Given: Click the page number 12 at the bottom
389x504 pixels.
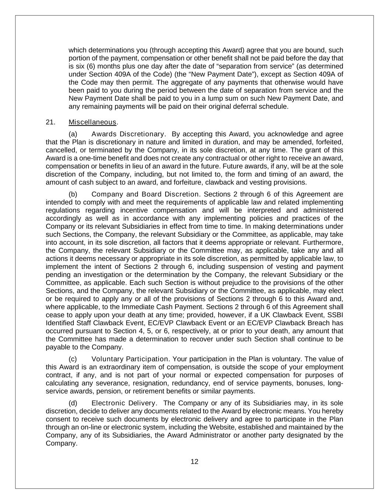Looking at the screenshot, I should click(x=194, y=462).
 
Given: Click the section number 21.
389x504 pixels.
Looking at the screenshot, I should click(x=51, y=122).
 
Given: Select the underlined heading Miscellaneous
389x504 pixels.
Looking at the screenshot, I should click(x=93, y=122).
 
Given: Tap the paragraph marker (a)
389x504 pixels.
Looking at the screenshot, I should click(x=73, y=134).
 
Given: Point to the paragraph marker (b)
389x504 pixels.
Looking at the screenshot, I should click(x=73, y=194).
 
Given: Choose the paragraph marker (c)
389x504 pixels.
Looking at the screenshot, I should click(x=73, y=359).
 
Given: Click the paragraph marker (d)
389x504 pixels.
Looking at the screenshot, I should click(x=73, y=403).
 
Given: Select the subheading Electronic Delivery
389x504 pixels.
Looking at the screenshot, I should click(x=124, y=403).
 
